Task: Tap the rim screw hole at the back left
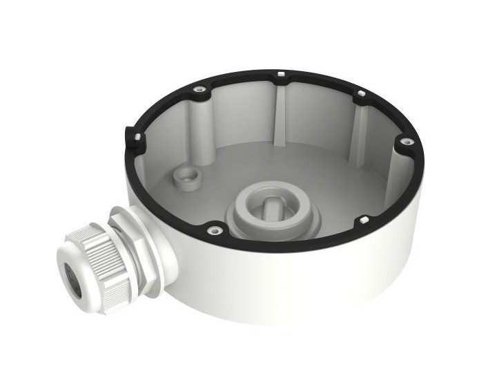(x=199, y=89)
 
